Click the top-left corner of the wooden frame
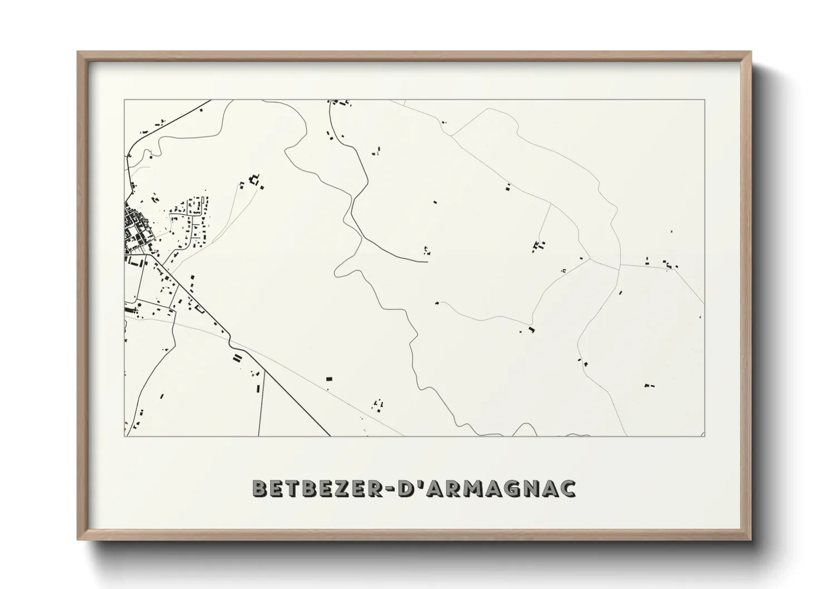pyautogui.click(x=78, y=52)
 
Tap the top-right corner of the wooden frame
pyautogui.click(x=751, y=52)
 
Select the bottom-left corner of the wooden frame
pyautogui.click(x=78, y=539)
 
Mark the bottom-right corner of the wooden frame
pyautogui.click(x=751, y=539)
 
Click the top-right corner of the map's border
pyautogui.click(x=705, y=100)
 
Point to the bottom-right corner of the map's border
pyautogui.click(x=705, y=436)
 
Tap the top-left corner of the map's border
pyautogui.click(x=125, y=100)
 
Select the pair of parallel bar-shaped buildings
pyautogui.click(x=237, y=358)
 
